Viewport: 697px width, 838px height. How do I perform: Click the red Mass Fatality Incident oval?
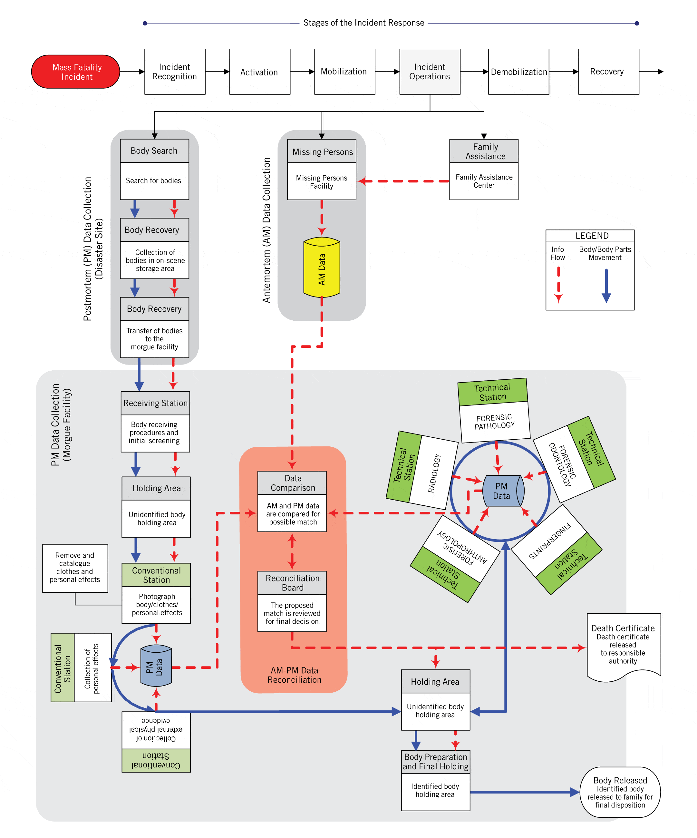click(75, 72)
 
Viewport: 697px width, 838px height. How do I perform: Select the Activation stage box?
click(260, 72)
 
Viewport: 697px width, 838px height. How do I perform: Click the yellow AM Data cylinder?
click(322, 268)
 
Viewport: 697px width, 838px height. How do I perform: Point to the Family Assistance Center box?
click(484, 181)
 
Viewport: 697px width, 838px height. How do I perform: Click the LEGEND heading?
click(591, 235)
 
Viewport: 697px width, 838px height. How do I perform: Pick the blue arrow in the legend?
click(606, 286)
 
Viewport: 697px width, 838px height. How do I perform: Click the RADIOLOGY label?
click(434, 473)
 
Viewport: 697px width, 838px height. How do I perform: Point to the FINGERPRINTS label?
click(550, 541)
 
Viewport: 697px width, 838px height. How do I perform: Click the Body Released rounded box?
click(620, 793)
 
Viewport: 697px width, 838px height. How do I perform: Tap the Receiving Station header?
click(155, 403)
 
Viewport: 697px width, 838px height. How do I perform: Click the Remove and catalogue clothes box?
click(75, 568)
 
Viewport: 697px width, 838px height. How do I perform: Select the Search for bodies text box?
click(154, 181)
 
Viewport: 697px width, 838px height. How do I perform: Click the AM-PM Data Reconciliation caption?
click(294, 675)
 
